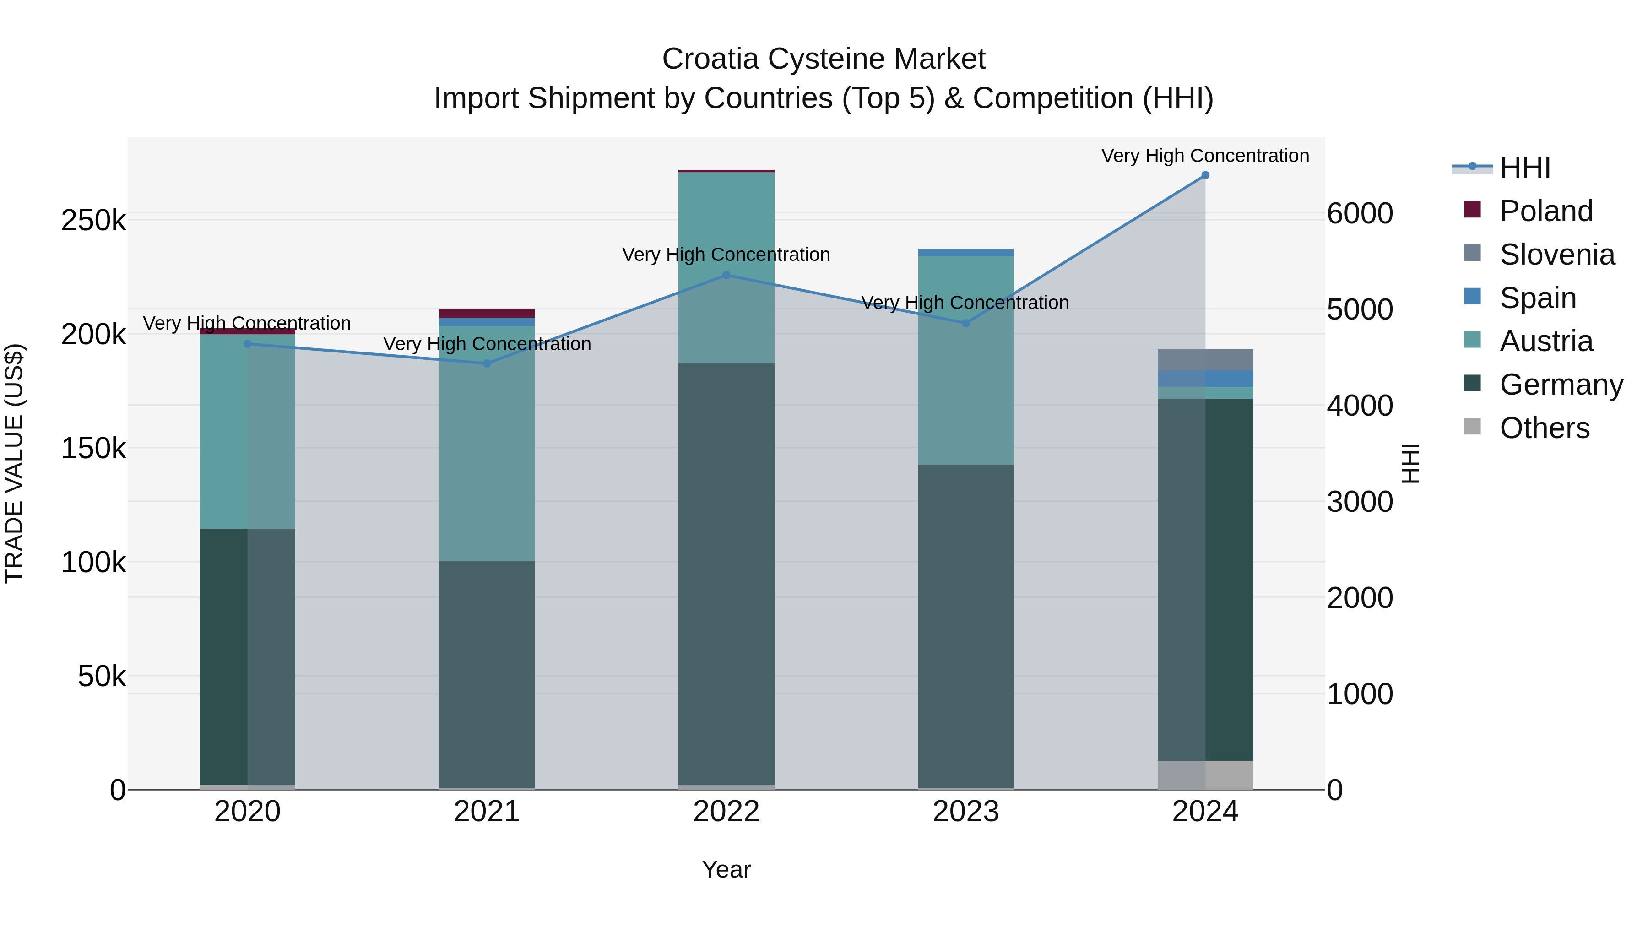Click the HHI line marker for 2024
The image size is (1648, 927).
pyautogui.click(x=1205, y=175)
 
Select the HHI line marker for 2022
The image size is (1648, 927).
pyautogui.click(x=726, y=275)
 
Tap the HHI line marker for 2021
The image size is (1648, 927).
pyautogui.click(x=487, y=363)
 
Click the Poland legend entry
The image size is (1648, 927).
pyautogui.click(x=1545, y=211)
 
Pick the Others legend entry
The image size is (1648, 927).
pyautogui.click(x=1545, y=428)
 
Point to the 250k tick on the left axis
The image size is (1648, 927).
pyautogui.click(x=93, y=221)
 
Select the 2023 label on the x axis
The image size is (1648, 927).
pyautogui.click(x=965, y=812)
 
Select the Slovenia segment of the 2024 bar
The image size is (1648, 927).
pyautogui.click(x=1205, y=359)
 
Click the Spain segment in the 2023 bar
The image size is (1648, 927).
pyautogui.click(x=966, y=253)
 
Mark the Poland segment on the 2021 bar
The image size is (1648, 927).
pyautogui.click(x=487, y=314)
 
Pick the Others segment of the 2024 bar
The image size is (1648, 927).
pyautogui.click(x=1205, y=775)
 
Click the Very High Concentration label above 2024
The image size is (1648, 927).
pyautogui.click(x=1205, y=156)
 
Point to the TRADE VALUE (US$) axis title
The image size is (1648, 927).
pyautogui.click(x=14, y=463)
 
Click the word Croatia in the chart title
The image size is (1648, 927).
pyautogui.click(x=711, y=59)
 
